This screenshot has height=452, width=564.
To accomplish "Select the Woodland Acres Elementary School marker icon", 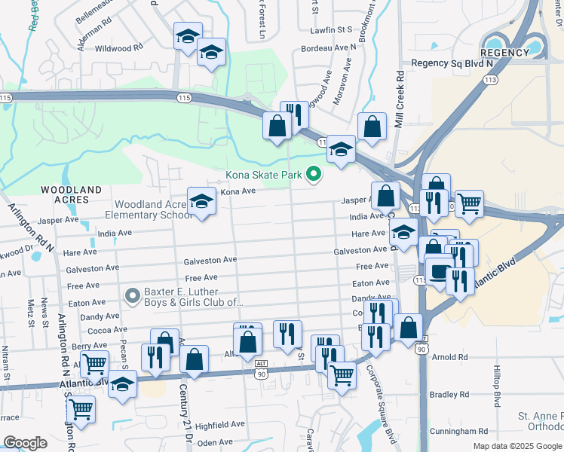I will [x=201, y=201].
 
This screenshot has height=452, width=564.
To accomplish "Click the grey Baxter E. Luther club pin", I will [x=133, y=295].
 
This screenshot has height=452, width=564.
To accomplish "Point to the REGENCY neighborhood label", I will [x=504, y=53].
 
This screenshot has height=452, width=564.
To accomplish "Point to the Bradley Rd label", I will [x=449, y=394].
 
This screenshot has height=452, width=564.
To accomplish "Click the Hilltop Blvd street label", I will [x=497, y=389].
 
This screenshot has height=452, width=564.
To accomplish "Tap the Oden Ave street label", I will [x=215, y=442].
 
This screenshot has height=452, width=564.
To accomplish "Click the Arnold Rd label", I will [x=451, y=358].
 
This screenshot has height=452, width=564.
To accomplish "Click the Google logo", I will [x=25, y=443].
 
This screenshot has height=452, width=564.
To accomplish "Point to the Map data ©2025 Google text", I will [x=516, y=446].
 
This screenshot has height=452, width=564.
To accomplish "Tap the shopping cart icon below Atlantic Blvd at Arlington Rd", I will [x=81, y=411].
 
